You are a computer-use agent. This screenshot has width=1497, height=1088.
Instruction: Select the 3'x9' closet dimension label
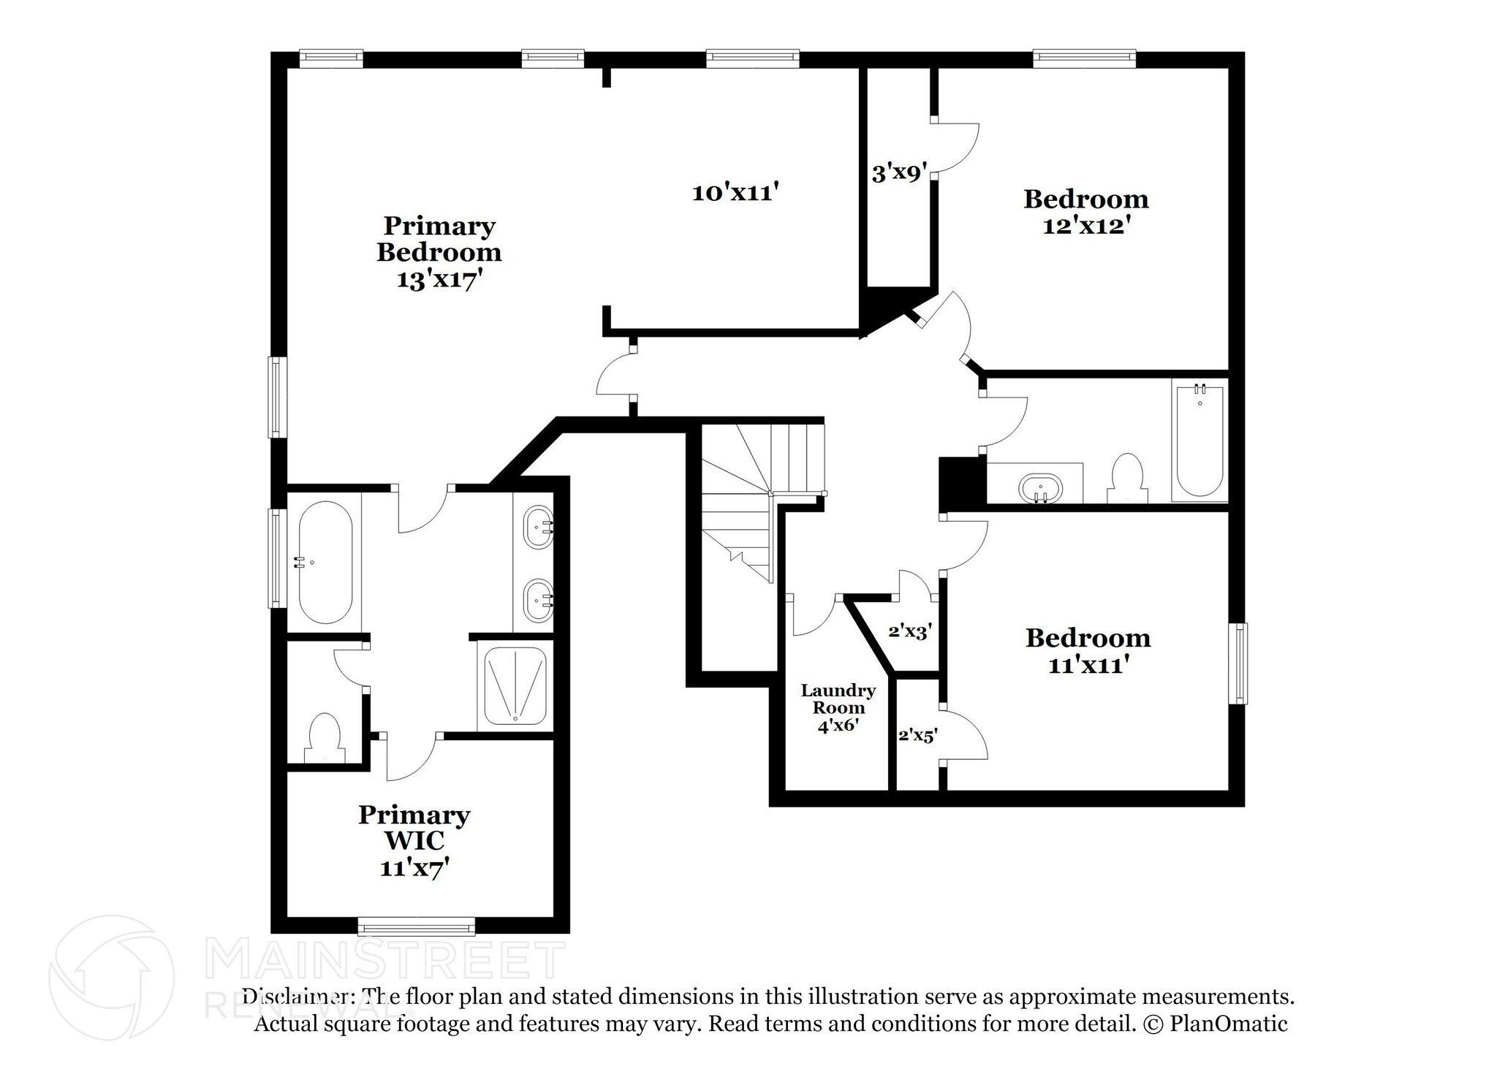[x=900, y=173]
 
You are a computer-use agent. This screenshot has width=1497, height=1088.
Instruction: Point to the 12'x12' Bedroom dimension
[x=1087, y=226]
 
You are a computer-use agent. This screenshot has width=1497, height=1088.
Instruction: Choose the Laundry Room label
[x=838, y=699]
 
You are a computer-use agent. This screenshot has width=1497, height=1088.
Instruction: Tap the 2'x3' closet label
[x=910, y=631]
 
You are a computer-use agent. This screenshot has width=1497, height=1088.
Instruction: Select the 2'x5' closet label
[x=917, y=736]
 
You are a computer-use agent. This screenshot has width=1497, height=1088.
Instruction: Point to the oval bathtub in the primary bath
[x=325, y=562]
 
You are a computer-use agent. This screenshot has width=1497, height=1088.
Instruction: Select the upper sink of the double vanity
[x=539, y=527]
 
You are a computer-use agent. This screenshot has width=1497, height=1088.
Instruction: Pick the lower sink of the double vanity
[x=539, y=601]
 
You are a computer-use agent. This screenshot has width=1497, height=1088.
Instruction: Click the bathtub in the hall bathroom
[x=1200, y=441]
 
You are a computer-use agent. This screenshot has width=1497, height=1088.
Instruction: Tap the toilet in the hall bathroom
[x=1127, y=479]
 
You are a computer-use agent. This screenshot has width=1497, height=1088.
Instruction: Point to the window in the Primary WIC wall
[x=417, y=927]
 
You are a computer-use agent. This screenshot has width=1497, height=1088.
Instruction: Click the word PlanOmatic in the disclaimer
[x=1229, y=1024]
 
